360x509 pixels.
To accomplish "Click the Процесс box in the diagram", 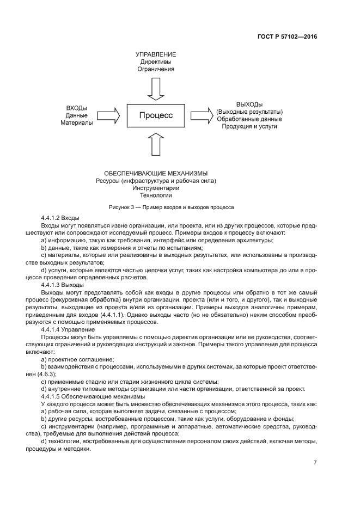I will pos(156,115).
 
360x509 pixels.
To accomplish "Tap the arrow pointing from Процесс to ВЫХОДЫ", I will pos(201,115).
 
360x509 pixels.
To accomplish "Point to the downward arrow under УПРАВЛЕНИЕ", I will pos(156,89).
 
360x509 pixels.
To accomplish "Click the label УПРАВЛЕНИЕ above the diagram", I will pos(156,54).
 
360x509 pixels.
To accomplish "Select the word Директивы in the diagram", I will pos(156,62).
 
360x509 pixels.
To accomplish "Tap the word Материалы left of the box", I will pos(76,123).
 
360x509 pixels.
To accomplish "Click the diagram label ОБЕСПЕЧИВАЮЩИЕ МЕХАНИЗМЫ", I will pos(156,173).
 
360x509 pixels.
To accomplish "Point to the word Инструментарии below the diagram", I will pos(156,188).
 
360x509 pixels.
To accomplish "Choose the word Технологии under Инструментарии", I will pos(156,195).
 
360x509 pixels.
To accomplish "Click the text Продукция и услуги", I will pos(249,126).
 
